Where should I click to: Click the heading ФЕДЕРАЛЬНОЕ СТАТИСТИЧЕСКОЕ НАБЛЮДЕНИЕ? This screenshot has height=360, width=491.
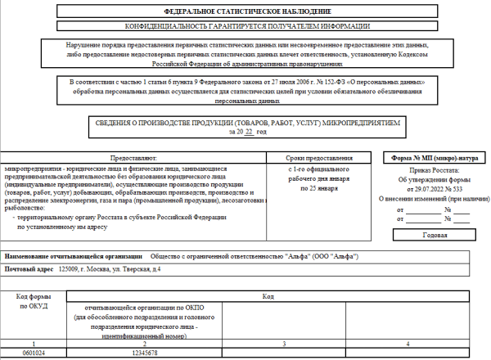248,12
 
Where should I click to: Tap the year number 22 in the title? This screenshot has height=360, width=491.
249,132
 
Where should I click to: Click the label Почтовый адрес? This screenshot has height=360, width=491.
28,269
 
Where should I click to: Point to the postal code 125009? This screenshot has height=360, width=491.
70,269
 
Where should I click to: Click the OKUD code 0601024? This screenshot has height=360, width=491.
34,353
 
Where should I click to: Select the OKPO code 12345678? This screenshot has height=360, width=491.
143,353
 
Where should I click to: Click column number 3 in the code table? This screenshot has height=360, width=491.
282,344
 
